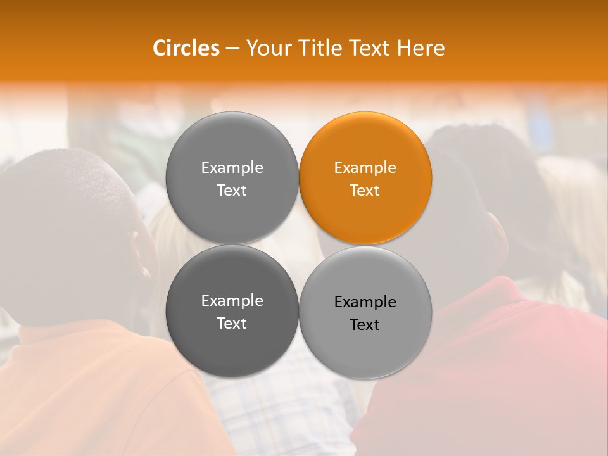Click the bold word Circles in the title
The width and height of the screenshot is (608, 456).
[x=186, y=48]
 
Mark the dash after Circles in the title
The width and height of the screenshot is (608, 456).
[x=232, y=49]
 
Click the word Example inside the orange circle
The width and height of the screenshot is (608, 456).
[x=365, y=168]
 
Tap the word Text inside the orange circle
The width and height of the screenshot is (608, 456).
[x=365, y=190]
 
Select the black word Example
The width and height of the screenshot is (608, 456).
[x=365, y=302]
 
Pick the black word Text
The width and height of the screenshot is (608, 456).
[x=365, y=325]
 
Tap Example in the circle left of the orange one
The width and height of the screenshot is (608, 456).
[x=232, y=168]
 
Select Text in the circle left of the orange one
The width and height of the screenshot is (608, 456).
[x=232, y=190]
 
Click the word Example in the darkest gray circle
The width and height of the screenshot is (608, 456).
[x=232, y=301]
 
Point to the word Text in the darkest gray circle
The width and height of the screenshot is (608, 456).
[x=232, y=323]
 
